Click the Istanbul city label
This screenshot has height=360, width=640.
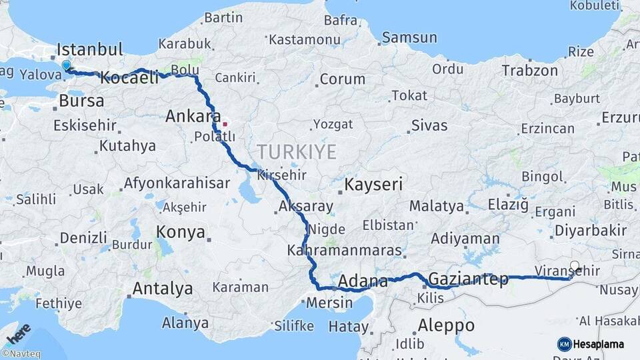(90, 49)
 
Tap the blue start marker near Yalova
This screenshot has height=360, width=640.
(66, 65)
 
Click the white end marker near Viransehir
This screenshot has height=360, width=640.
(575, 265)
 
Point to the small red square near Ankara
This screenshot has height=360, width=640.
(225, 123)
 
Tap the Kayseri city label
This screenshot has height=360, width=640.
(373, 184)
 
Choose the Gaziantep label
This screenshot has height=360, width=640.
(469, 279)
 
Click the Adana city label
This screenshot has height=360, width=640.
(363, 281)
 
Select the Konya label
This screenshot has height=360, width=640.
(180, 232)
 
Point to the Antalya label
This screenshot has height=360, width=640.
(163, 289)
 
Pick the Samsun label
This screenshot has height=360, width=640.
(410, 37)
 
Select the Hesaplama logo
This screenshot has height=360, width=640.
(591, 344)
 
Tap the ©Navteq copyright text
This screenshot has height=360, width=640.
(20, 354)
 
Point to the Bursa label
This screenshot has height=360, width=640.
(81, 101)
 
